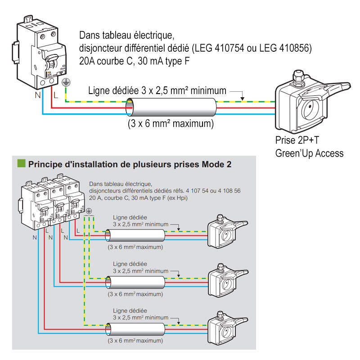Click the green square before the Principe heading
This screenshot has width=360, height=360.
pyautogui.click(x=21, y=163)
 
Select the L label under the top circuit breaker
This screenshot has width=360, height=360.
pyautogui.click(x=55, y=95)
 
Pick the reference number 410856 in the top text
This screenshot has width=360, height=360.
pyautogui.click(x=288, y=48)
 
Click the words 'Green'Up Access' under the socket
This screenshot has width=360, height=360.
pyautogui.click(x=309, y=153)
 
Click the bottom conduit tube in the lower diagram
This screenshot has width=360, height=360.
pyautogui.click(x=135, y=330)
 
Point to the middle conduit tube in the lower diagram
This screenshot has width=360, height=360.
pyautogui.click(x=135, y=282)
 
